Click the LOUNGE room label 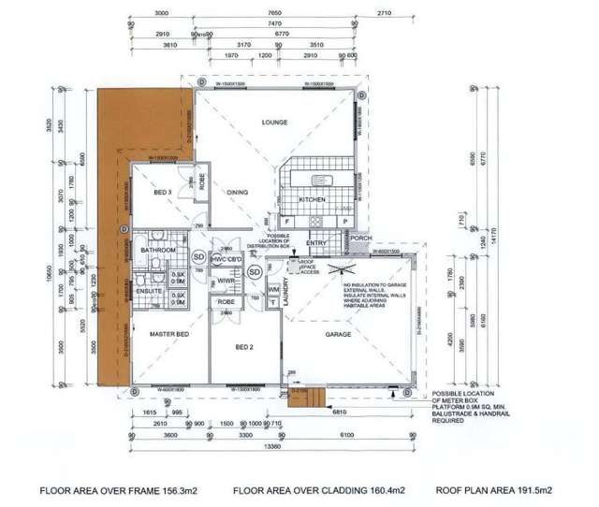tap(274, 123)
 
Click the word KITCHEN tap(312, 200)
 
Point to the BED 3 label tap(162, 193)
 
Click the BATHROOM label tap(159, 251)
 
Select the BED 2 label tap(245, 346)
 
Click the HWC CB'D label tap(227, 259)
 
